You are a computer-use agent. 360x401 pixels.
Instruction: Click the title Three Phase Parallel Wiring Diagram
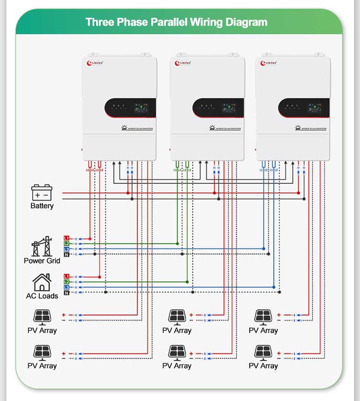[x=176, y=22]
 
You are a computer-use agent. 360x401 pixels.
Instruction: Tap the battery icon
[x=42, y=193]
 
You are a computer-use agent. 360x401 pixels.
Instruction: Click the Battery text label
[x=42, y=206]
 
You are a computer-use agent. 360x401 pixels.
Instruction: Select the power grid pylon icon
[x=42, y=246]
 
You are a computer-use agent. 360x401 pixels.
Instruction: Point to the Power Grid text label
[x=42, y=261]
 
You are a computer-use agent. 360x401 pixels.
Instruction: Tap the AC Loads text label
[x=42, y=296]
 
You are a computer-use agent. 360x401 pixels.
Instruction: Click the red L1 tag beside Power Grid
[x=67, y=239]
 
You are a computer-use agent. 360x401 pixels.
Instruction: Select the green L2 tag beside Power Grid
[x=67, y=244]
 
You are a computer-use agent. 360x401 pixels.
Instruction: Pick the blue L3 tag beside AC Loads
[x=67, y=287]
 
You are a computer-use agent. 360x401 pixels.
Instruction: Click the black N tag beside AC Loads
[x=67, y=293]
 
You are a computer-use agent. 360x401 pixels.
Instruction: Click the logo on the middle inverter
[x=183, y=63]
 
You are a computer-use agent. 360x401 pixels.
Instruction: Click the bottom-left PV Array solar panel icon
[x=42, y=352]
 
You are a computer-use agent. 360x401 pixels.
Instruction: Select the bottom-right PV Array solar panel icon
[x=263, y=352]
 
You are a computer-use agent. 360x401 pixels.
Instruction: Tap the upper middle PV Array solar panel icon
[x=177, y=316]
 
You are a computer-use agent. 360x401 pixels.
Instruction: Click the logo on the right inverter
[x=269, y=63]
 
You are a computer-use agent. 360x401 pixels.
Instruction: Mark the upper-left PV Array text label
[x=42, y=330]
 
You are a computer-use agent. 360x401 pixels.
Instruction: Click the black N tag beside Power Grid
[x=67, y=254]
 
